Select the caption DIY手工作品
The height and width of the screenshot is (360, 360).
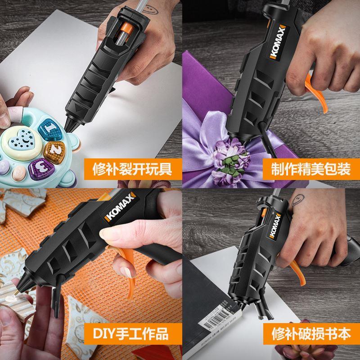pos(131,333)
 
